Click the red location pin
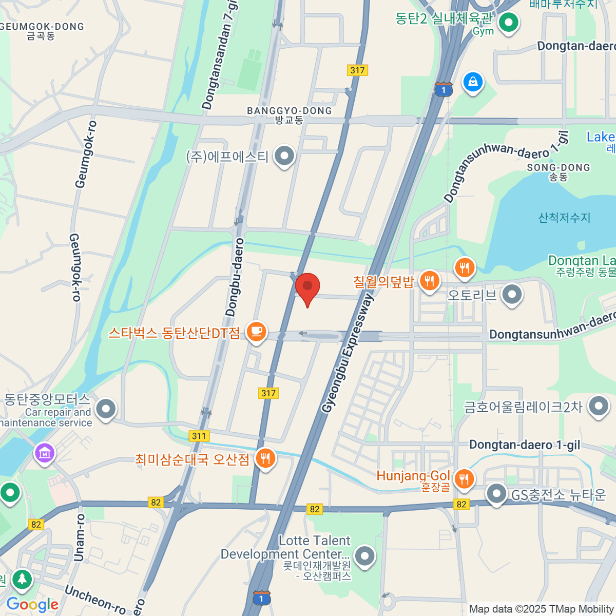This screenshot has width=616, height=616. coord(307,286)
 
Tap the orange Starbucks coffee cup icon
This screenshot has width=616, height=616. coord(256,331)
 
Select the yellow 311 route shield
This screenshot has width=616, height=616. coord(199,436)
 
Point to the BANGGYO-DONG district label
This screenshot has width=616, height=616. coord(290,111)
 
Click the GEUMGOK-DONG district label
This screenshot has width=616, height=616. coord(42,27)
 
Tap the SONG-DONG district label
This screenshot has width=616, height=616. coord(559,168)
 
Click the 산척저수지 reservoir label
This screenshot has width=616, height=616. coord(564,218)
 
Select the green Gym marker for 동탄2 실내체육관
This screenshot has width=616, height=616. coord(509,22)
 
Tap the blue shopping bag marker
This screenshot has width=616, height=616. coord(473,82)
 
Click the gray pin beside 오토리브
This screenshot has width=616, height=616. coord(512,295)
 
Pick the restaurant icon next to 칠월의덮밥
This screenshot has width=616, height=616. coord(430,281)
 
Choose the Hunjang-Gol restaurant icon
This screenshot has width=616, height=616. coord(464,478)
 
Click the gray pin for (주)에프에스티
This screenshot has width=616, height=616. coord(284,155)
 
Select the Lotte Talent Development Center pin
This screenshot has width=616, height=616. coord(365,555)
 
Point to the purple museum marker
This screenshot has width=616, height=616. coord(45,453)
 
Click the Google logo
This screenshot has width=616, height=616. coord(32,604)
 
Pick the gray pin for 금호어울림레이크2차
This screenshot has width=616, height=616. coord(598,407)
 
